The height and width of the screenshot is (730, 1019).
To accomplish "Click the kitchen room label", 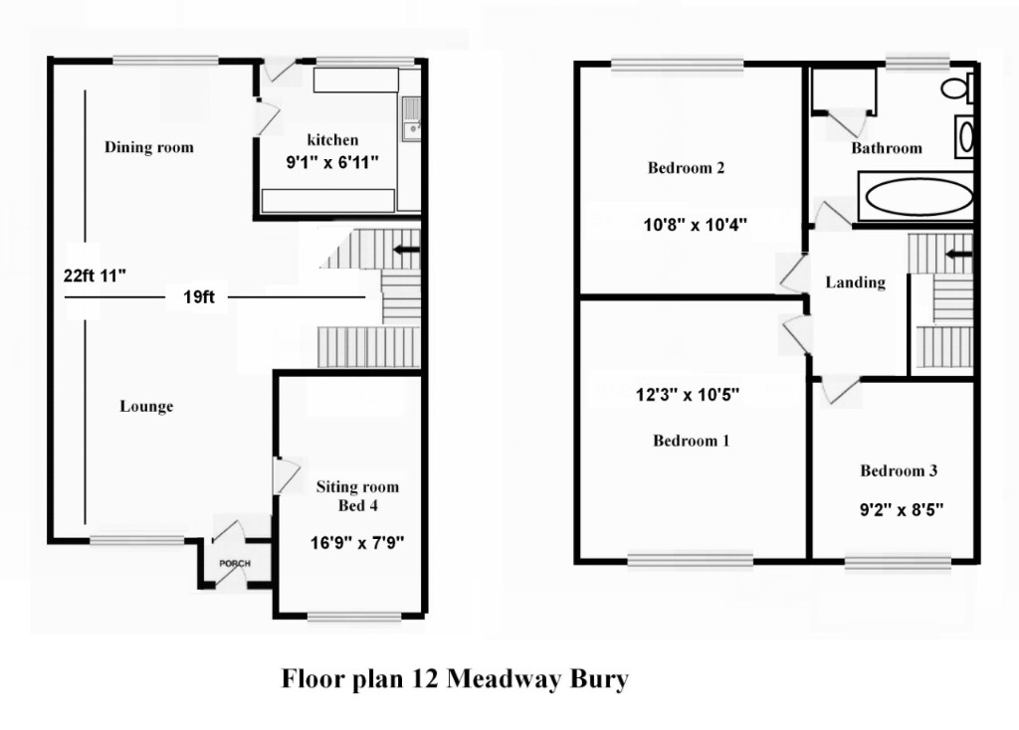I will (331, 139).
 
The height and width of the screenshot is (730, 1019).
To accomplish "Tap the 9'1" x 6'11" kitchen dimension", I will (331, 159).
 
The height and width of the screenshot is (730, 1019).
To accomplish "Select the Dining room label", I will (149, 147).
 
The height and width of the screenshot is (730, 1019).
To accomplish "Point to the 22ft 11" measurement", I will (95, 276).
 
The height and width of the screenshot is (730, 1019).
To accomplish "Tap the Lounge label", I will (146, 406).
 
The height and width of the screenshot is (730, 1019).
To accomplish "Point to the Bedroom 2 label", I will (686, 167).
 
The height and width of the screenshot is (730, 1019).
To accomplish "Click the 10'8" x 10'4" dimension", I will (694, 226).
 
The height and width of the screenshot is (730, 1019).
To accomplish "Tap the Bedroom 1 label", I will (691, 441).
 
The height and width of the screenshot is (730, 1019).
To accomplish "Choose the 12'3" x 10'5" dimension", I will (687, 395).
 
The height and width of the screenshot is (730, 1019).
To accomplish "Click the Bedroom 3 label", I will (899, 470).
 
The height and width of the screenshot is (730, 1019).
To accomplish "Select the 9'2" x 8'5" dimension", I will (902, 510).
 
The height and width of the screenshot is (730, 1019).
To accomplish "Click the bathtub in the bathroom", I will (918, 198).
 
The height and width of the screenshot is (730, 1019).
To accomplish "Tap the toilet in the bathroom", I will (958, 89).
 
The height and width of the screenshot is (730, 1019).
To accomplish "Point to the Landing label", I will (855, 282).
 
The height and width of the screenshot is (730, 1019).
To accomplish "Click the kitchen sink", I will (411, 117).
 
